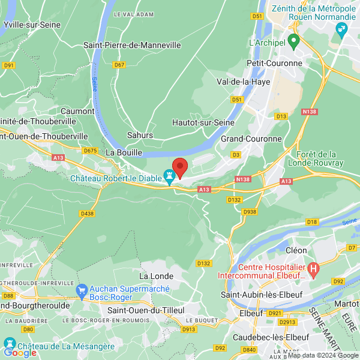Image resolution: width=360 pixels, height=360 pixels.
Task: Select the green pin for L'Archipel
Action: (x=293, y=41)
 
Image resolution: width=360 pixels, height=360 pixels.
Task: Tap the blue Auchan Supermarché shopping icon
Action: (x=82, y=291)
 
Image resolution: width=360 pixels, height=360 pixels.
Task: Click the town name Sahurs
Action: (x=140, y=135)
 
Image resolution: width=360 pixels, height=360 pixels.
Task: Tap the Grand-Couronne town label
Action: (x=251, y=139)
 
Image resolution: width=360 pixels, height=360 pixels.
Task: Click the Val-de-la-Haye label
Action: (x=243, y=81)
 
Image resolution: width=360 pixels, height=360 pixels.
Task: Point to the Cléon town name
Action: (x=296, y=250)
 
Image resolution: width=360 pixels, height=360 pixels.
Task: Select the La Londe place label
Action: (x=156, y=276)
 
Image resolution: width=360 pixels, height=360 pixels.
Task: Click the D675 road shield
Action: (x=91, y=151)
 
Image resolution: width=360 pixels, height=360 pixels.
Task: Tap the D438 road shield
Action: (x=87, y=213)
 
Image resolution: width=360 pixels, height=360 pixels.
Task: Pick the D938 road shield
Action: (x=250, y=212)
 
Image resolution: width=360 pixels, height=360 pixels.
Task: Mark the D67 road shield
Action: (x=119, y=65)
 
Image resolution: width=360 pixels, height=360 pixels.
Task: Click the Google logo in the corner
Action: (x=20, y=352)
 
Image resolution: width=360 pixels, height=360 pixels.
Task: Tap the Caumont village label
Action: (x=78, y=111)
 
